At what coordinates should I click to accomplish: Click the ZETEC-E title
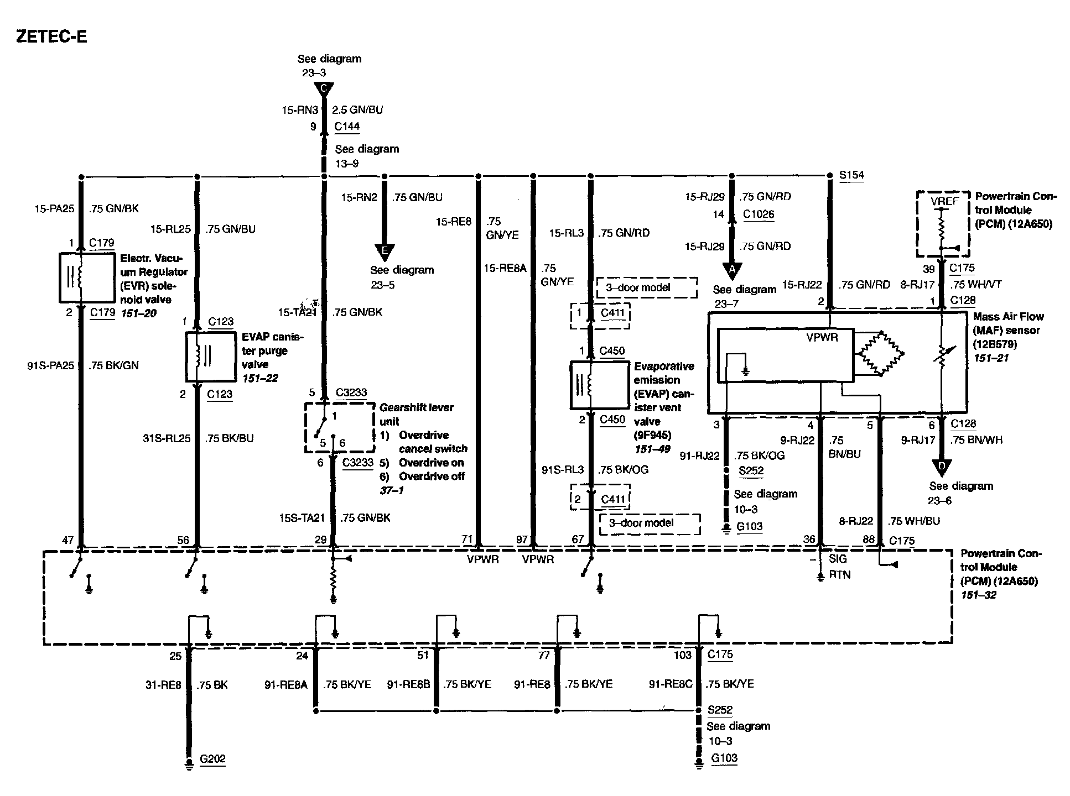coord(51,36)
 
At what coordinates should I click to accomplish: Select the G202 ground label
coord(212,759)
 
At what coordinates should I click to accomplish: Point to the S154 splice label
coord(851,175)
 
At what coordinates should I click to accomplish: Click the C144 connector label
coord(347,127)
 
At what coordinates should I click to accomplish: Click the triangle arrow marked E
coord(385,252)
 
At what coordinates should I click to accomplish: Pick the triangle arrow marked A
coord(732,270)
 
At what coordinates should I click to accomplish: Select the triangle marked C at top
coord(324,89)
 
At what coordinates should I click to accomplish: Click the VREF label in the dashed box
coord(944,202)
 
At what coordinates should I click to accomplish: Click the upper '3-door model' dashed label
coord(647,287)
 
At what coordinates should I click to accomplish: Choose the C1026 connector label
coord(759,214)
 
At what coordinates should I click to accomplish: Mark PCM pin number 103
coord(682,655)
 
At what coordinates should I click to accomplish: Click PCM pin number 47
coord(67,540)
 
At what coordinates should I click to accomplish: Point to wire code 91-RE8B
coord(408,684)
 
